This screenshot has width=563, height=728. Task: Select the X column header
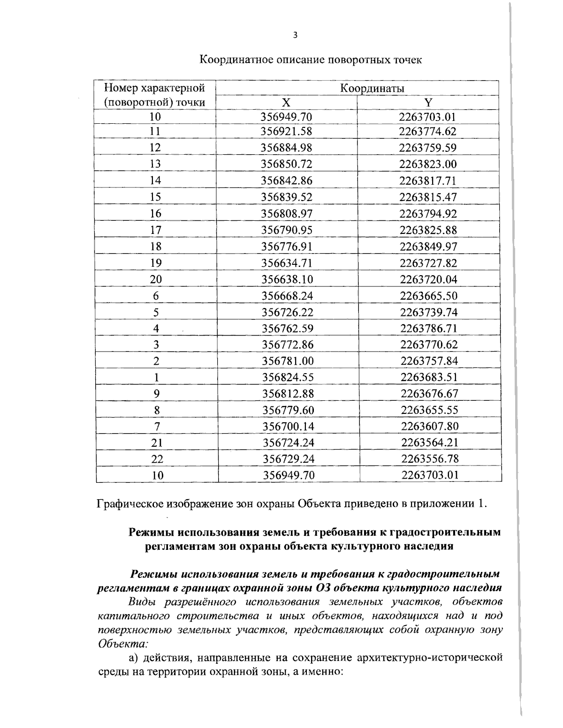(286, 103)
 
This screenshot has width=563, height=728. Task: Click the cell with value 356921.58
(286, 132)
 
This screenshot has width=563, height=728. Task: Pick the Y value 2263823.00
(427, 165)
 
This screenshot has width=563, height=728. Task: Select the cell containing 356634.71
(287, 263)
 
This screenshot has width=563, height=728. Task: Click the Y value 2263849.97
(428, 247)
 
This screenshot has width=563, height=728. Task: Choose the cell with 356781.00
(287, 361)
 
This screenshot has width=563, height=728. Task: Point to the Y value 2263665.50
(428, 296)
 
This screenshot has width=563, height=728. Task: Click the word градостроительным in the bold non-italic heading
(445, 533)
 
